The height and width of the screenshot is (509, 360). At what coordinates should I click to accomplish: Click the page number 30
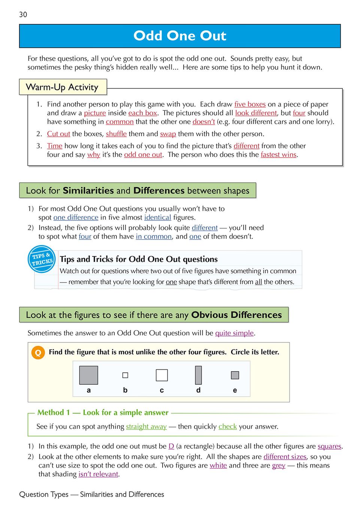[x=23, y=15]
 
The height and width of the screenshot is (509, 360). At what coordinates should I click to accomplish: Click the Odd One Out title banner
[x=180, y=36]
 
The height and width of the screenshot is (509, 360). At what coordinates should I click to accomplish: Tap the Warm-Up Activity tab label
[x=62, y=87]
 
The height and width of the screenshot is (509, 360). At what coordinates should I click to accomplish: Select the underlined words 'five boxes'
[x=250, y=104]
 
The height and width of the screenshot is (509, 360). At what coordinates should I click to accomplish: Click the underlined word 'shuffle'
[x=116, y=134]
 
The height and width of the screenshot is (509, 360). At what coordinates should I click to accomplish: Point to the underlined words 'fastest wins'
[x=278, y=155]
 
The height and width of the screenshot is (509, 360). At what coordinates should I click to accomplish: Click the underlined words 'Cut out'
[x=58, y=134]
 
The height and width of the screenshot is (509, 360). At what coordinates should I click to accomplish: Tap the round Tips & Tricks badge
[x=42, y=259]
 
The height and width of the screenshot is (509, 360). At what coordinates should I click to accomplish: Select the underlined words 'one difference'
[x=76, y=217]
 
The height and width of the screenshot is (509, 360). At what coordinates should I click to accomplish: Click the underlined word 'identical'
[x=158, y=217]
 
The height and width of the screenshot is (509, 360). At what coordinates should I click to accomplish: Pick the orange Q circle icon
[x=38, y=353]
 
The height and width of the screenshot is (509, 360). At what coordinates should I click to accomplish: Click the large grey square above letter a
[x=88, y=375]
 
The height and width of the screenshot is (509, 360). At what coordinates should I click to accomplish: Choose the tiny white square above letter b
[x=125, y=375]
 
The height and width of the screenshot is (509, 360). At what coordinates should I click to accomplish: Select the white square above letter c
[x=161, y=375]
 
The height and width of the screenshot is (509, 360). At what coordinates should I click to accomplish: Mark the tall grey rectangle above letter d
[x=198, y=375]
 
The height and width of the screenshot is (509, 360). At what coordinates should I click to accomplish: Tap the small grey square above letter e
[x=235, y=375]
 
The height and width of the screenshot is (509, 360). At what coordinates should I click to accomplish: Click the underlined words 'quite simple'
[x=235, y=333]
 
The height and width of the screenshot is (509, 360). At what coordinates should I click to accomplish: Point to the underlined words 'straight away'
[x=146, y=427]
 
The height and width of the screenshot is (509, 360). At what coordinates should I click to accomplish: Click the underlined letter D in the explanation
[x=171, y=446]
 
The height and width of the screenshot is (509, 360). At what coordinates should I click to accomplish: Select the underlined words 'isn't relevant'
[x=98, y=474]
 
